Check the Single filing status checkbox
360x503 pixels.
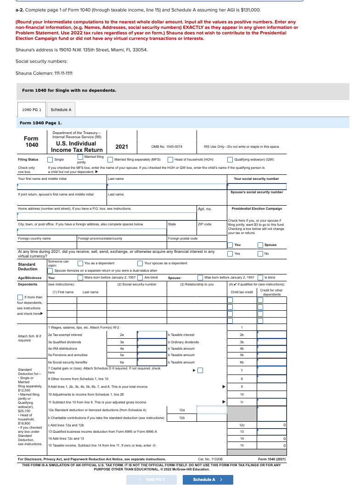(50, 160)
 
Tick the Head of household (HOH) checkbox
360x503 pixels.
(170, 160)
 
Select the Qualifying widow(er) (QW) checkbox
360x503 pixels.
(230, 160)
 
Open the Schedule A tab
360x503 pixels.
(61, 110)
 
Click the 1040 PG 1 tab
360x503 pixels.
(32, 110)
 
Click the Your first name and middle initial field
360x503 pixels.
(62, 186)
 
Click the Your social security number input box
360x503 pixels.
(257, 186)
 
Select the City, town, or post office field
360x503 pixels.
(92, 231)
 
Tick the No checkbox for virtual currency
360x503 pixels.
(260, 253)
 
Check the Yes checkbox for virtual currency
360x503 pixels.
(230, 253)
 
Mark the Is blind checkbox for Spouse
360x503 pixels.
(260, 277)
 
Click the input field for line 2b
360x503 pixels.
(271, 335)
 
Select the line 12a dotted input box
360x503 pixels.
(212, 410)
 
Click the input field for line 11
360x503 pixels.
(271, 402)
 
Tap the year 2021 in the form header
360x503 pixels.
(122, 147)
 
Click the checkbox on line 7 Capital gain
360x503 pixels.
(200, 370)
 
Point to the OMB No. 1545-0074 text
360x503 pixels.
(167, 147)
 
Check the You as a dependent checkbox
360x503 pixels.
(80, 263)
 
